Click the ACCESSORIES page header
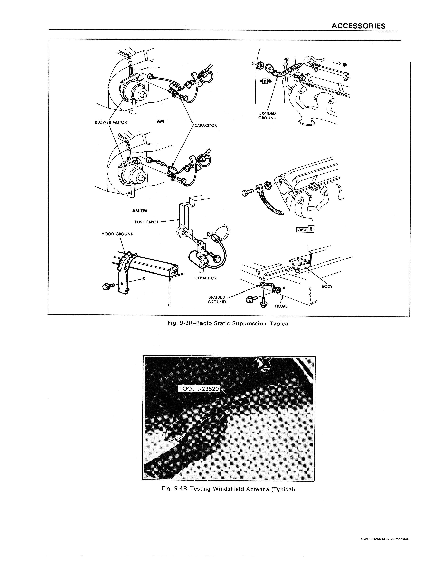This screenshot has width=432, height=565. (x=358, y=26)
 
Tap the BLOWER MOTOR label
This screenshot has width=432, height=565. (x=111, y=122)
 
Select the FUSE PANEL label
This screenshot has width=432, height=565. (x=147, y=222)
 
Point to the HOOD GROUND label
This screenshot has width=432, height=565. (x=118, y=234)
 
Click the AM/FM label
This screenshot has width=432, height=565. (x=140, y=211)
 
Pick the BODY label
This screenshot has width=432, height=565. (x=327, y=286)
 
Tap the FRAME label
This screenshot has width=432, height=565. (x=281, y=306)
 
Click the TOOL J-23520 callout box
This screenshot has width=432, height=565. (x=199, y=389)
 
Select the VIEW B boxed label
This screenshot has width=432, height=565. (x=305, y=230)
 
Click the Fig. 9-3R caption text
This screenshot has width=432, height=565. (x=229, y=324)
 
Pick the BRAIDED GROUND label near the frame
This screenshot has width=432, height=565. (x=217, y=300)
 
